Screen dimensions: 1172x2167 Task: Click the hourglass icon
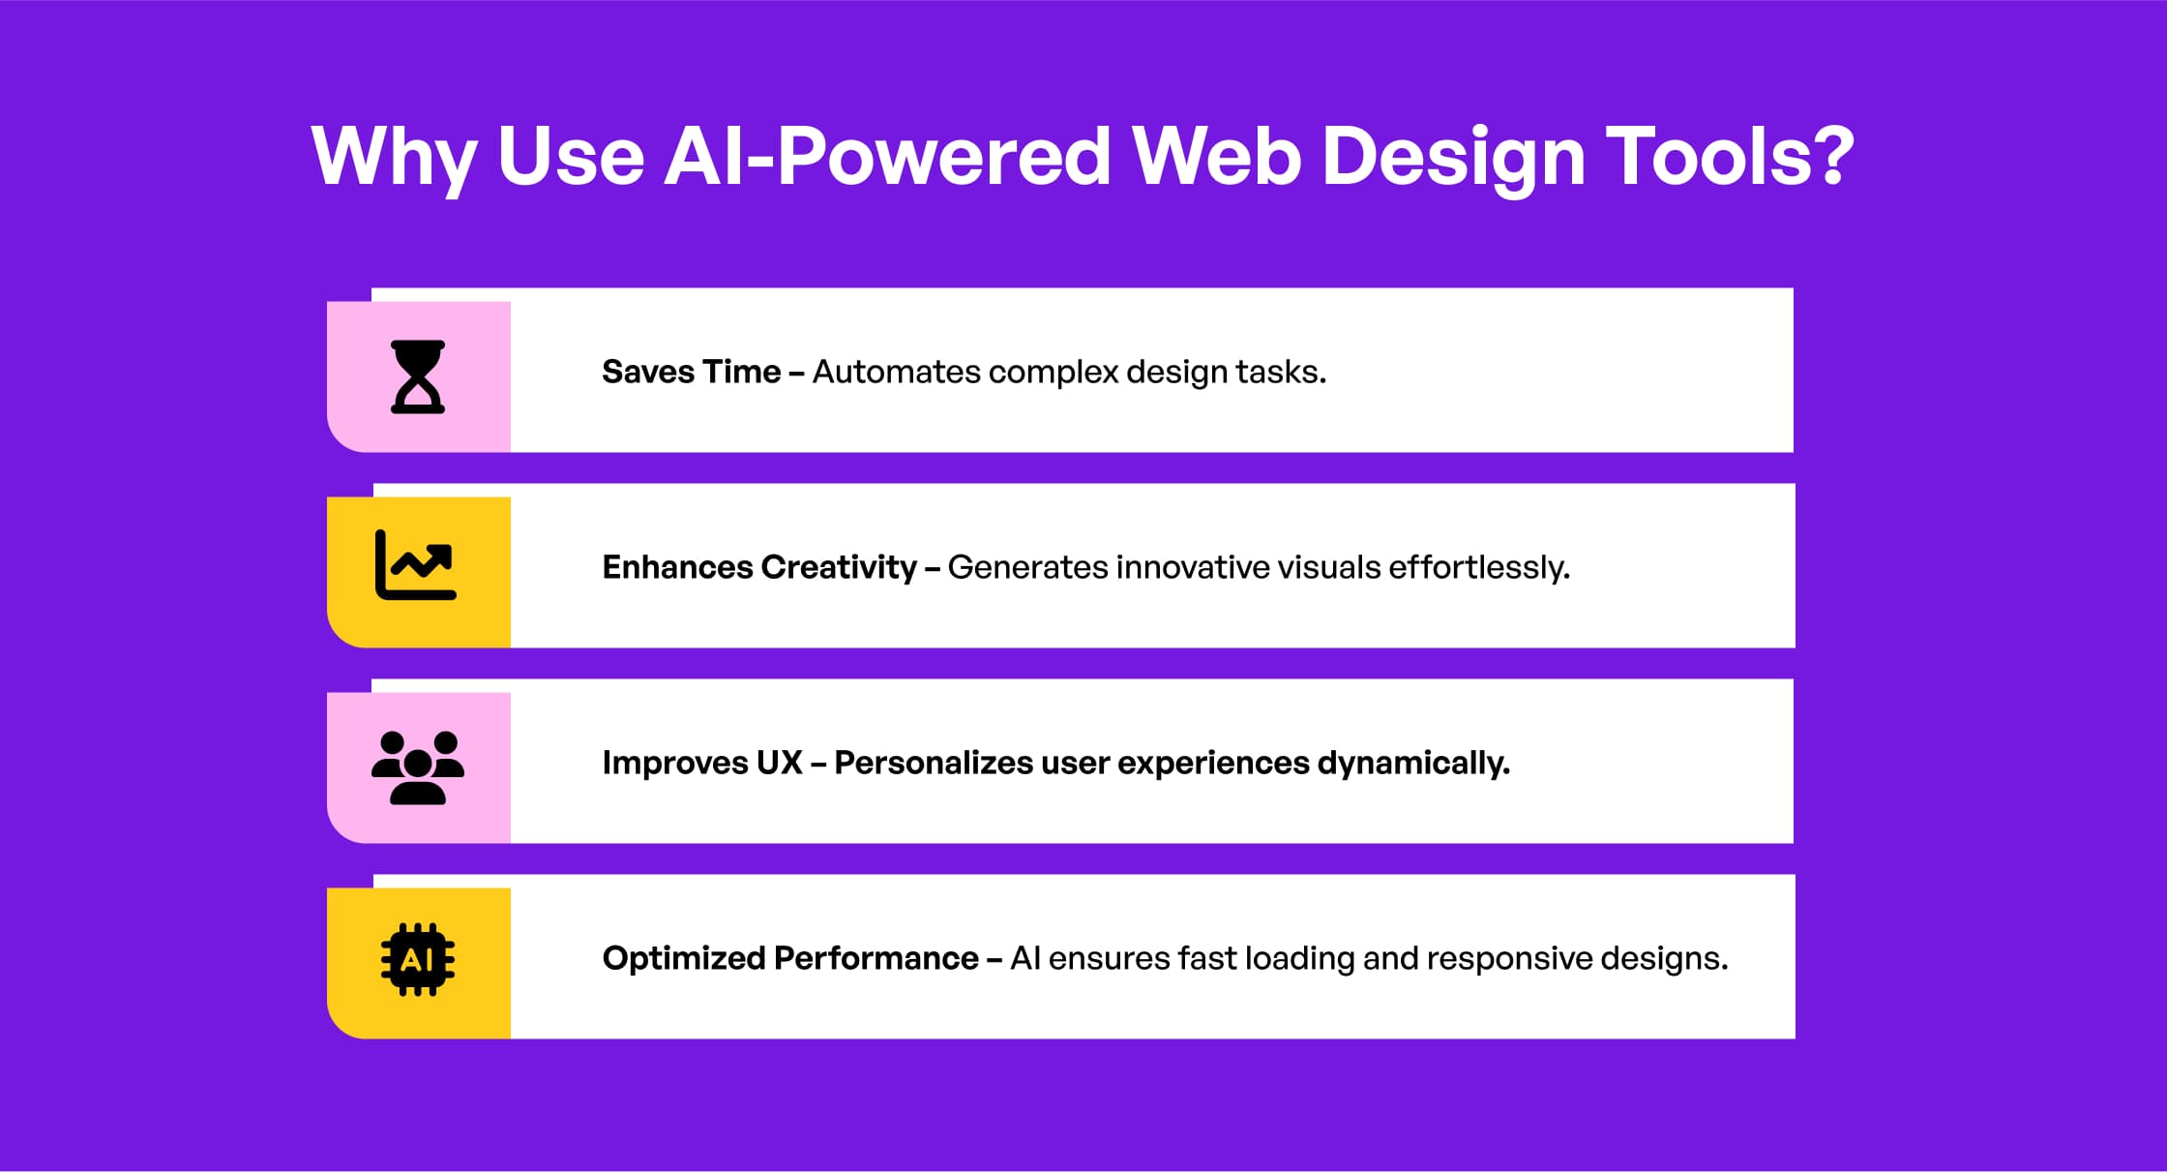(x=418, y=377)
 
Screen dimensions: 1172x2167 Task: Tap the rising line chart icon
(x=416, y=565)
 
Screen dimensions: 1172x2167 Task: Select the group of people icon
(x=418, y=767)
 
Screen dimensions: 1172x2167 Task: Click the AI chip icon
(x=418, y=959)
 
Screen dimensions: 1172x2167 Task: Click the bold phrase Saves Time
(x=691, y=372)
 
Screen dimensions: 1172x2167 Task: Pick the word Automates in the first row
(x=896, y=372)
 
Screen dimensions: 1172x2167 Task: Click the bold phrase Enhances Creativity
(x=759, y=567)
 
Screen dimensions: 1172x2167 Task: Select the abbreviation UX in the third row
(x=780, y=763)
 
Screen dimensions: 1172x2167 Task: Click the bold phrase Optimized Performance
(x=790, y=958)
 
